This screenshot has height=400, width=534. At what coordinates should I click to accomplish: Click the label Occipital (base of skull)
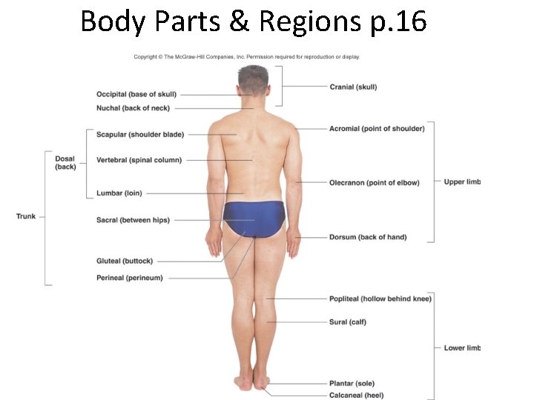click(136, 95)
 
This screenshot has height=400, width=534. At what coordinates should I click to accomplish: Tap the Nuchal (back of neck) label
click(133, 108)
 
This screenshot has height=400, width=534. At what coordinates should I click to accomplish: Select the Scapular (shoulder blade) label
click(139, 135)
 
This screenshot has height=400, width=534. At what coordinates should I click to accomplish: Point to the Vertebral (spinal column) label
click(139, 160)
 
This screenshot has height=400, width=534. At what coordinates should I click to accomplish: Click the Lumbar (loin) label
click(119, 193)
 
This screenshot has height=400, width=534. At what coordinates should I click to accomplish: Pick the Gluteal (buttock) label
click(125, 261)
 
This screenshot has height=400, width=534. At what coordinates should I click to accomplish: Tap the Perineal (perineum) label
click(129, 278)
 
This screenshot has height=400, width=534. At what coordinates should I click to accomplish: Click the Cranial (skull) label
click(353, 87)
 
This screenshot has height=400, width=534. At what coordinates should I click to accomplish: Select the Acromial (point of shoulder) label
click(377, 129)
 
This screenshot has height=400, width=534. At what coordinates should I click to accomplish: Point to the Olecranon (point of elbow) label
click(374, 183)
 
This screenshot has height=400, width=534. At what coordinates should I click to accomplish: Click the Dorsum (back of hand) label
click(368, 237)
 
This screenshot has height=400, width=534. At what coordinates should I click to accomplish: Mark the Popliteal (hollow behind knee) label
click(380, 299)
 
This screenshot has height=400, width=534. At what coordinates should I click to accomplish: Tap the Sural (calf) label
click(347, 322)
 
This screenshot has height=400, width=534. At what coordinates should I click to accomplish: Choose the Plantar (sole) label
click(352, 384)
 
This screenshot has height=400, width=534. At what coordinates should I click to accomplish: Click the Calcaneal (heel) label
click(356, 396)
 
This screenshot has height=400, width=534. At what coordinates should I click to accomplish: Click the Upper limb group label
click(462, 181)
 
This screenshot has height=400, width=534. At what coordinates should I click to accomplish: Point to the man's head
click(254, 80)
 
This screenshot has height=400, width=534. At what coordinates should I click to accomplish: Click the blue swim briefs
click(254, 217)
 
